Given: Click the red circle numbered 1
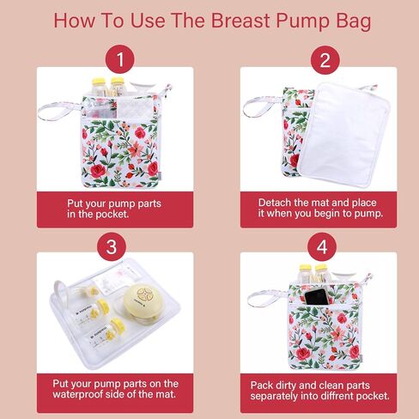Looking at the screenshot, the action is pyautogui.click(x=119, y=59).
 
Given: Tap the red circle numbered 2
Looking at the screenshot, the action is pyautogui.click(x=325, y=60).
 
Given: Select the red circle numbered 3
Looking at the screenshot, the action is pyautogui.click(x=112, y=246).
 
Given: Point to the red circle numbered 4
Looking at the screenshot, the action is pyautogui.click(x=322, y=246).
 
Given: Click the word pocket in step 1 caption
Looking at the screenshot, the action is pyautogui.click(x=112, y=214).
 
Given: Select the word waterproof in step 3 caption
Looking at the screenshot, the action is pyautogui.click(x=77, y=395).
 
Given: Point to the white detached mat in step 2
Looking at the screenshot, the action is pyautogui.click(x=344, y=136).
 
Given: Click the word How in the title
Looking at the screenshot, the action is pyautogui.click(x=74, y=21).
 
